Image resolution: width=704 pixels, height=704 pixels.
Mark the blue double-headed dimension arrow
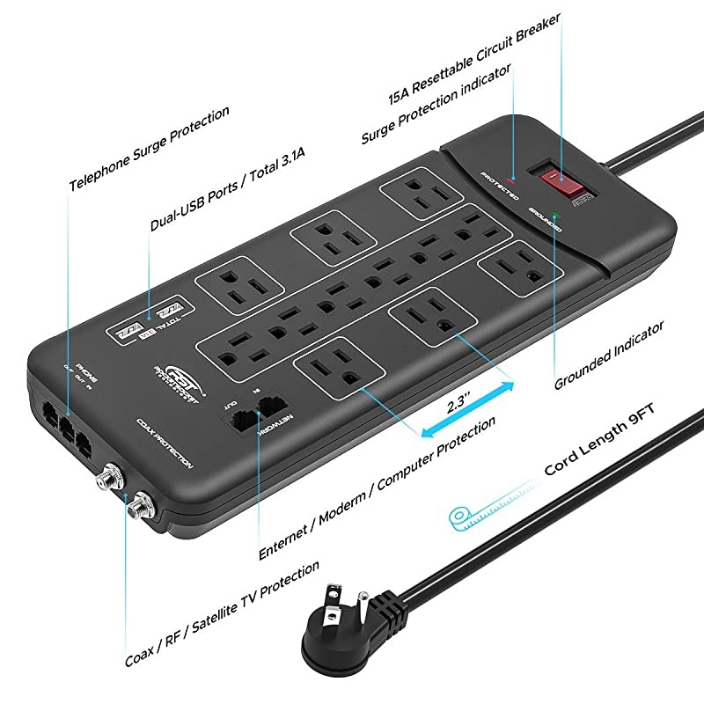coord(466,406)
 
